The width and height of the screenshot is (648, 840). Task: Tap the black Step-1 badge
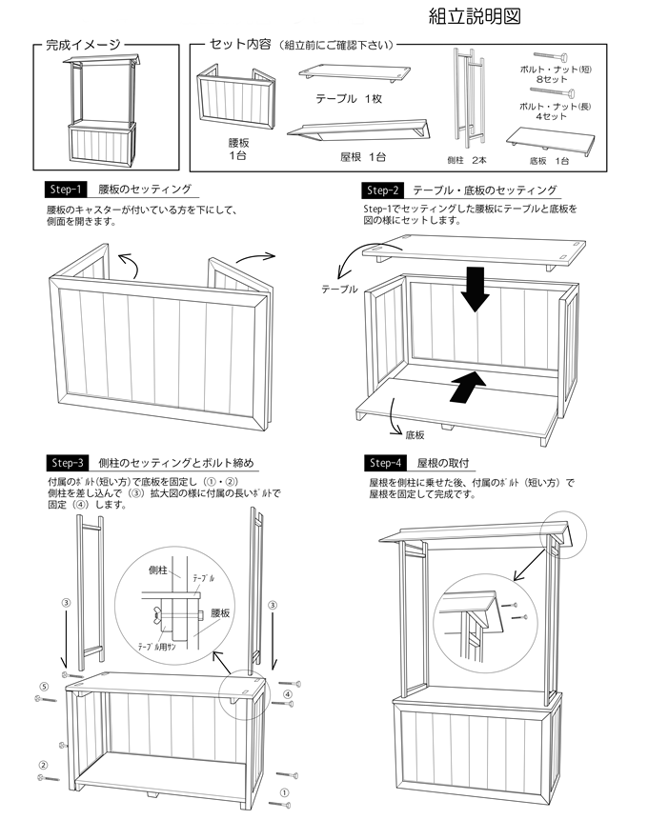click(67, 190)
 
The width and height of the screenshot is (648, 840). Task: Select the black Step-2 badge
click(384, 190)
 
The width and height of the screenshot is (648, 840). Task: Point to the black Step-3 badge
click(67, 463)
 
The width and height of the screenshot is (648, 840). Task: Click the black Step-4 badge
click(384, 463)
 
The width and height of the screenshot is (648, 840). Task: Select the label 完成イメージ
click(84, 45)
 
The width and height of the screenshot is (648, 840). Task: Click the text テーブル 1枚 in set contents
click(348, 99)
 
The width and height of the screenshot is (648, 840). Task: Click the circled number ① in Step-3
click(283, 791)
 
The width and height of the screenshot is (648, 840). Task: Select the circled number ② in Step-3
click(43, 765)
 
